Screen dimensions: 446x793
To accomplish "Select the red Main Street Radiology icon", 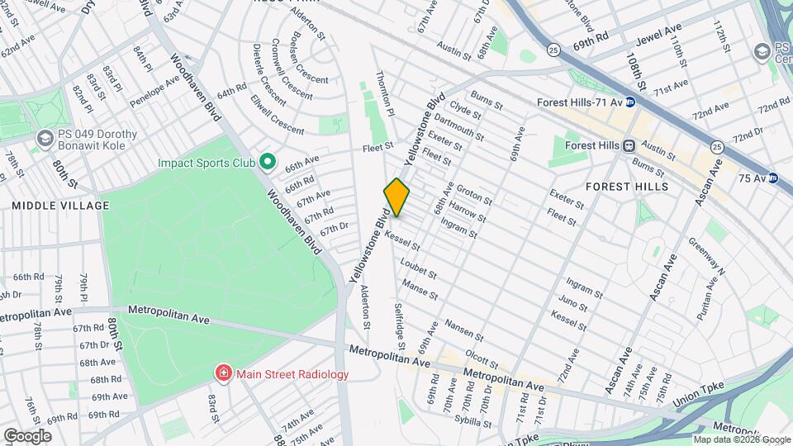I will pos(222,374).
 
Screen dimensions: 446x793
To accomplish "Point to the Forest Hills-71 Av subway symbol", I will pos(630,103).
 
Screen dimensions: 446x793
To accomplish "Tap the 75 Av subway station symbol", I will pos(773,178).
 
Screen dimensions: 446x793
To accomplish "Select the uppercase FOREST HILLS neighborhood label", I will pos(626,187).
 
